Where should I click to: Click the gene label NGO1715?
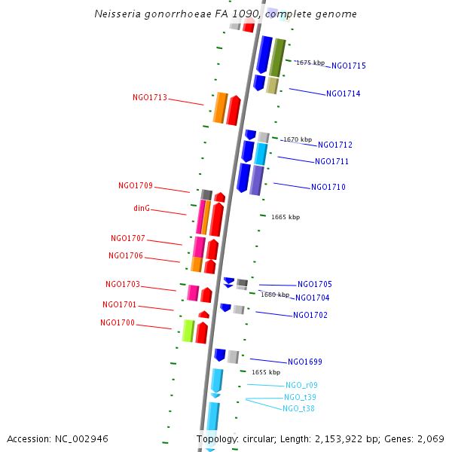[x=349, y=66]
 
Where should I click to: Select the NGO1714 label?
[x=343, y=94]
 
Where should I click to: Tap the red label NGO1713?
[x=150, y=98]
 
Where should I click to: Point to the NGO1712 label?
[x=334, y=145]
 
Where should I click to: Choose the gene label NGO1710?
[x=328, y=187]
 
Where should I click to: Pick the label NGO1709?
[x=136, y=185]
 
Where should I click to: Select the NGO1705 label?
[x=314, y=285]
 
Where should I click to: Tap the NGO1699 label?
[x=304, y=362]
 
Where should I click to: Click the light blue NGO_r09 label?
[x=301, y=385]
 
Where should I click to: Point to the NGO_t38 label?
[x=298, y=408]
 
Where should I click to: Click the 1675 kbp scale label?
[x=310, y=63]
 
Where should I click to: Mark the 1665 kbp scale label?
[x=286, y=217]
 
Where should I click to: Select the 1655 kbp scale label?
[x=266, y=372]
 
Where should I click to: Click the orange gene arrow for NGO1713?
[x=220, y=108]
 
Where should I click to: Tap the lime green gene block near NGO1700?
[x=188, y=330]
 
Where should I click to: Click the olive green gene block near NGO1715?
[x=277, y=57]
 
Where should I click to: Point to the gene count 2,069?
[x=430, y=438]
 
